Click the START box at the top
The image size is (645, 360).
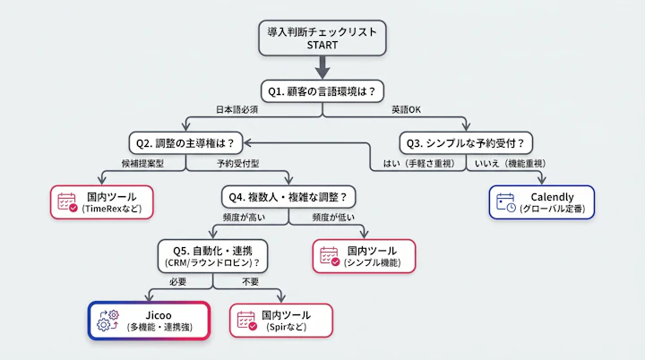pyautogui.click(x=322, y=38)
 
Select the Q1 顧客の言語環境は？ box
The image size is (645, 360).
pyautogui.click(x=322, y=90)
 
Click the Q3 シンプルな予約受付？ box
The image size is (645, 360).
pyautogui.click(x=465, y=142)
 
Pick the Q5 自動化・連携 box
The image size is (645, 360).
pyautogui.click(x=213, y=257)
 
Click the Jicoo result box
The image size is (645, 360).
pyautogui.click(x=149, y=320)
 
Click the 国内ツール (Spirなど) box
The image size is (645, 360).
pyautogui.click(x=281, y=321)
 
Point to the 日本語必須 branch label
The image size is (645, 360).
pyautogui.click(x=236, y=109)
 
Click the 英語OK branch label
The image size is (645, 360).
pyautogui.click(x=406, y=109)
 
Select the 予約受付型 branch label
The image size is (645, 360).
pyautogui.click(x=236, y=164)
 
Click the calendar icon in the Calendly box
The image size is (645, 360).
pyautogui.click(x=506, y=202)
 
